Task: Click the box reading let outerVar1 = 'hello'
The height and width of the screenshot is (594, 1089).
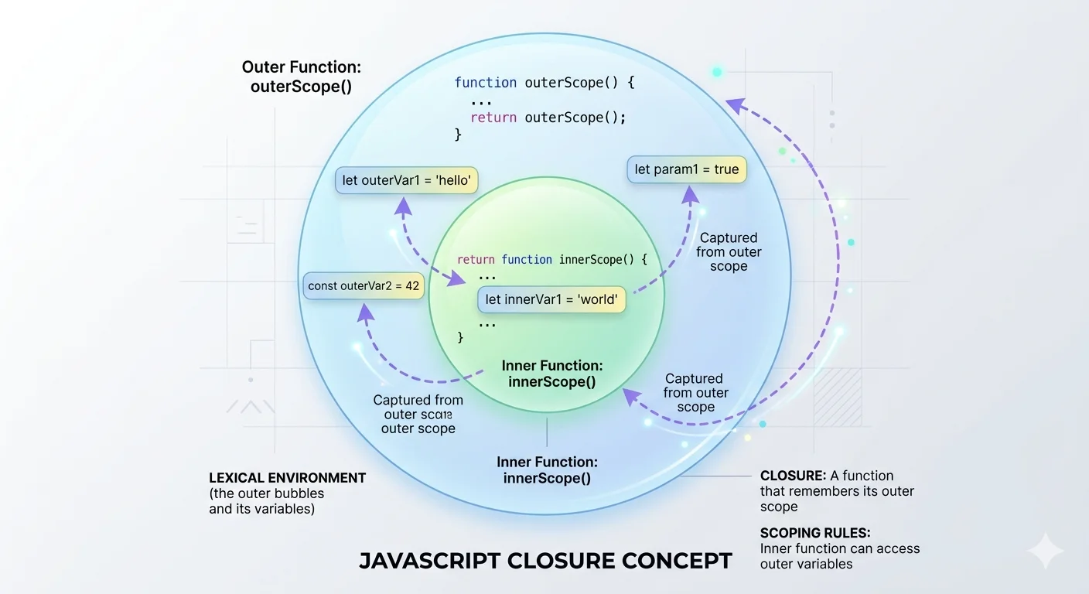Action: coord(407,181)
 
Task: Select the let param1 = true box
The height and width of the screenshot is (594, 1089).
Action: coord(687,169)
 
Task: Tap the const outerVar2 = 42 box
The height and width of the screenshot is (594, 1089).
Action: coord(364,286)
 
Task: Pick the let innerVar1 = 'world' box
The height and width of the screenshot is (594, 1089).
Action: coord(551,299)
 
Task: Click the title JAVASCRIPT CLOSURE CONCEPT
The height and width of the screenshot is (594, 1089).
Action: coord(545,561)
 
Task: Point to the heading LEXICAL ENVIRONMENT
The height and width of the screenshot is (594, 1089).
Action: coord(287,478)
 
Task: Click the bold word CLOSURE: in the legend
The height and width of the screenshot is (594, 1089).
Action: coord(793,476)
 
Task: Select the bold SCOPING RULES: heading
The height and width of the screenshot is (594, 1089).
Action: coord(815,533)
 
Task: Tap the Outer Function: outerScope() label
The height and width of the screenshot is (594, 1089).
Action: coord(301,77)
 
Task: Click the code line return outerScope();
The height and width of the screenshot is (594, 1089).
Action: coord(548,118)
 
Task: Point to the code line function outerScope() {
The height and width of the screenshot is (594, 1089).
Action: coord(544,82)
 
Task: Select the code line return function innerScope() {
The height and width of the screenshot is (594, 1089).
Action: coord(551,260)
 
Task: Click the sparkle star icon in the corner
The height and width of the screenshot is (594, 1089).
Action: coord(1046,551)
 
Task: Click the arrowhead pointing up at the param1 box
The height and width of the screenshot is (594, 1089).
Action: coord(690,194)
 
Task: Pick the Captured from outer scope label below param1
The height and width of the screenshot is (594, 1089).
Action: coord(729,251)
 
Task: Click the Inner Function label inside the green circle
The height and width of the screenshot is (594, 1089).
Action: coord(552,374)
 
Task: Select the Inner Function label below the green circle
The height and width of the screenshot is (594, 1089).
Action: coord(547,470)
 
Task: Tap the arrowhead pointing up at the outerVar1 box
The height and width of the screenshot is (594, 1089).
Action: coord(402,204)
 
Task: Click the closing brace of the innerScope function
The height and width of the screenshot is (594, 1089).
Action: coord(461,337)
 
